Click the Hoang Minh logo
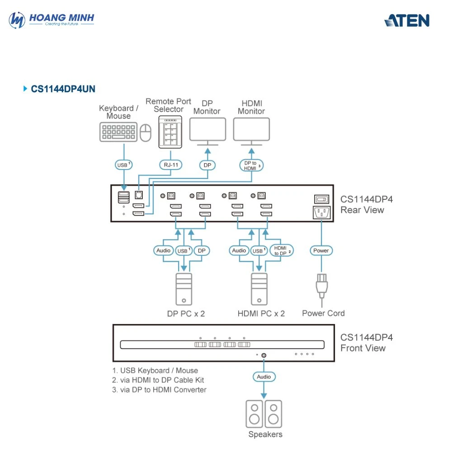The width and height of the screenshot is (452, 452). pos(52,19)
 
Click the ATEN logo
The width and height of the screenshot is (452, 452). pos(407,20)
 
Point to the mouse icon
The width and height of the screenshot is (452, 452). pos(145,133)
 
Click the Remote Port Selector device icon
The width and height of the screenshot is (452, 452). pos(169,132)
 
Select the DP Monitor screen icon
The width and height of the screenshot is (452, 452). pos(207,130)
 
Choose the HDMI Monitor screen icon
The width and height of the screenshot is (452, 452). pos(251,130)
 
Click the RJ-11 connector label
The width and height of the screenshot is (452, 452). pos(170,165)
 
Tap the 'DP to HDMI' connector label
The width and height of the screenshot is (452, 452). pos(251,165)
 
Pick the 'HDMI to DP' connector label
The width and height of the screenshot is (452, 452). pos(282,250)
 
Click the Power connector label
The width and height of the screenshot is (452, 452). pos(321,250)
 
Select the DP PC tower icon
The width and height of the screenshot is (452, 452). pos(184,289)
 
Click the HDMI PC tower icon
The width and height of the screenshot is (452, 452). pos(259,289)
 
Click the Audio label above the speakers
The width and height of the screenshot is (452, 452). pos(264,377)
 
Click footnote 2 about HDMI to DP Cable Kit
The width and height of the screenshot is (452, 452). pos(158,380)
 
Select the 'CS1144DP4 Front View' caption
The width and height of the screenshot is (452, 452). pos(366,343)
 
